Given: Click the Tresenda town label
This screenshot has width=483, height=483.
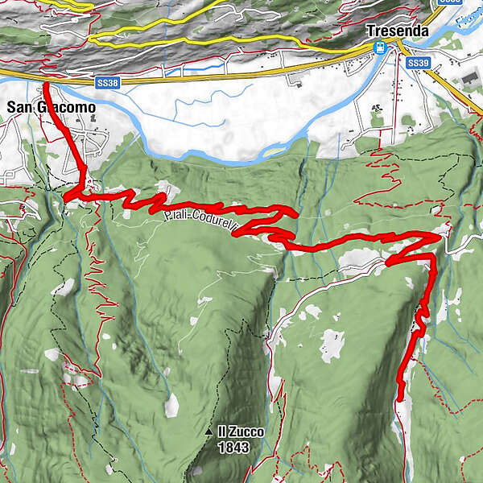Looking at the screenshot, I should click(394, 31).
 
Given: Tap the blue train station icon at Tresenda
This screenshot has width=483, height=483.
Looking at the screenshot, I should click(379, 48).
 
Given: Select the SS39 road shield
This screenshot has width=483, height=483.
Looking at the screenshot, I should click(417, 63).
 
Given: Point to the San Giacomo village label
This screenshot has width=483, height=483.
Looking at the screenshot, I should click(51, 107).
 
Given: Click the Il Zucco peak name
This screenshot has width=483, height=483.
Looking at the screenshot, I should click(240, 432).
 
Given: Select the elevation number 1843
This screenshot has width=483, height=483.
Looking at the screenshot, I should click(238, 448).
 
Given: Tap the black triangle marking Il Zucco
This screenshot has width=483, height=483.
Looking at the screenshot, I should click(209, 433).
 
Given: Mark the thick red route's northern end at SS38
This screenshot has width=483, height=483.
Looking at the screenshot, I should click(45, 82).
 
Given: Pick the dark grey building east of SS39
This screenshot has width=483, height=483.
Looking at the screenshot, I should click(469, 79).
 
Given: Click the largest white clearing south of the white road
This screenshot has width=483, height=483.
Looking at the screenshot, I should click(332, 345).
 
